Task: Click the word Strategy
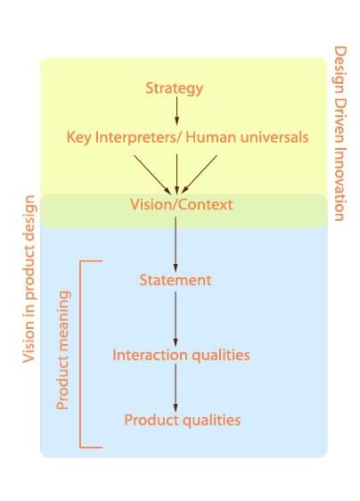[x=174, y=88]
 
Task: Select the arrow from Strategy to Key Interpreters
[x=176, y=111]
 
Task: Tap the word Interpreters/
[x=139, y=137]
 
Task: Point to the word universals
[x=274, y=137]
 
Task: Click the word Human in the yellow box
[x=211, y=137]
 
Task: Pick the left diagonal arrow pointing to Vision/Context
[x=152, y=175]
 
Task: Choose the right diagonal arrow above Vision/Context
[x=200, y=175]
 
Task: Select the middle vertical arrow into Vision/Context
[x=176, y=174]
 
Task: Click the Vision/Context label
[x=182, y=204]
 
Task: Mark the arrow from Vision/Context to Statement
[x=176, y=244]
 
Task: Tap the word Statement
[x=176, y=280]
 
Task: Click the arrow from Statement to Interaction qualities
[x=176, y=319]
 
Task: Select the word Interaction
[x=150, y=355]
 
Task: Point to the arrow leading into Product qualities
[x=176, y=388]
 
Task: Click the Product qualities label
[x=183, y=420]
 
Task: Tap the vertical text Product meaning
[x=62, y=349]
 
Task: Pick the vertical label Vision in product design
[x=29, y=279]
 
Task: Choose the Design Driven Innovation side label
[x=340, y=134]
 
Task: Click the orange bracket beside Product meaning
[x=80, y=354]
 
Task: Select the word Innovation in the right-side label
[x=340, y=184]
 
